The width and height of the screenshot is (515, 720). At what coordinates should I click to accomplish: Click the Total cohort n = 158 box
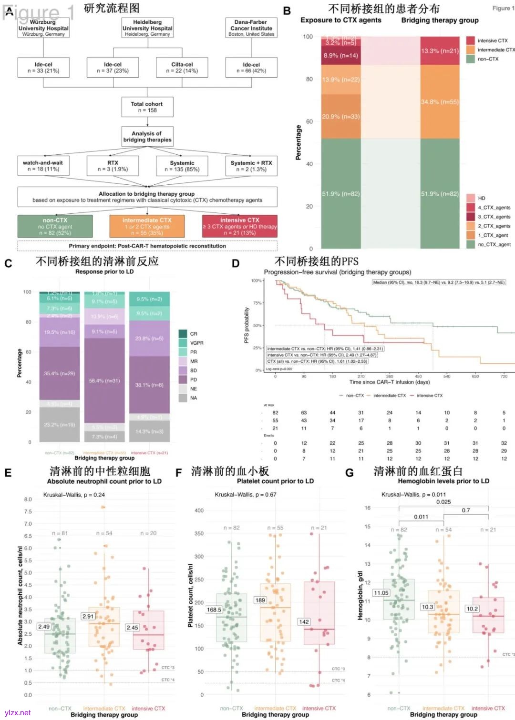tap(147, 107)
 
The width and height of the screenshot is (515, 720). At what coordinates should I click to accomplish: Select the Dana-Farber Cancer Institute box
tap(251, 28)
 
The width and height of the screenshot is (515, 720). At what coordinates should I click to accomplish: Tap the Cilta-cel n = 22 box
tap(182, 68)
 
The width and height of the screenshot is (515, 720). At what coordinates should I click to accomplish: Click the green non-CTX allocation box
tap(55, 226)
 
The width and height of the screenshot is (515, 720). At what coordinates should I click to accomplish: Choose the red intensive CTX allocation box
tap(239, 226)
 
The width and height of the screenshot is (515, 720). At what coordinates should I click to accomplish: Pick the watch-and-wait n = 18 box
tap(43, 166)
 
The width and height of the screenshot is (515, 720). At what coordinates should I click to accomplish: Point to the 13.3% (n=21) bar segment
tap(440, 51)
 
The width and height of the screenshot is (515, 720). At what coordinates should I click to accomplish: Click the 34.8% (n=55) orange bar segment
tap(440, 102)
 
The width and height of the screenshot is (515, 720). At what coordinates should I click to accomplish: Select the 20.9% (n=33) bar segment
tap(341, 117)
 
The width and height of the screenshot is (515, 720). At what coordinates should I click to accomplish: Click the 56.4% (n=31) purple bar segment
tap(104, 380)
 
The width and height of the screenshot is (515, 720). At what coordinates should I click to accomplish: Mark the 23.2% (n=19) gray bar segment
tap(60, 425)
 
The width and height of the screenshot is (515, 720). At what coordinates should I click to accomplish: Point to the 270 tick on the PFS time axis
tap(361, 376)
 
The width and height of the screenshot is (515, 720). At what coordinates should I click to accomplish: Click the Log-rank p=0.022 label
tap(279, 369)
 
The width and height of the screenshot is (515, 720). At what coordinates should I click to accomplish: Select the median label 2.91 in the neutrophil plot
tap(88, 616)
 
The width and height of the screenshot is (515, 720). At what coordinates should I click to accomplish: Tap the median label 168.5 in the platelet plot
tap(214, 610)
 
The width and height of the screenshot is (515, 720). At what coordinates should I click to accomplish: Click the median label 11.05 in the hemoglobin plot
tap(381, 593)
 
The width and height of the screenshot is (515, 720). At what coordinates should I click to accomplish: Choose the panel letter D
tap(236, 263)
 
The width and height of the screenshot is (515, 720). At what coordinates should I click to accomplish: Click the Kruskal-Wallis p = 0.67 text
tap(245, 494)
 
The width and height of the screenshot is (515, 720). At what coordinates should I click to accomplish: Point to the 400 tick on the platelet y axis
tap(199, 510)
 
